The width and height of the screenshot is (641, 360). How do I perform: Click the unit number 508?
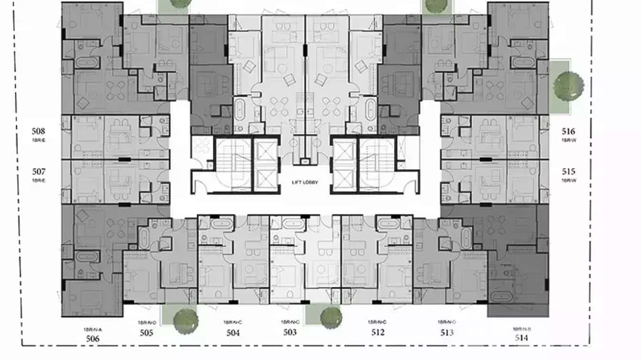point(39,131)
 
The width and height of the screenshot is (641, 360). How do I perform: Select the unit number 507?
point(39,171)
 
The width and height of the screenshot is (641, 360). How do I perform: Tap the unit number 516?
point(568,131)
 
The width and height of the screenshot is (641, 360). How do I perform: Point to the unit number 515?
point(568,171)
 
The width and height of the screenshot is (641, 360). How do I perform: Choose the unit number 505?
point(147,333)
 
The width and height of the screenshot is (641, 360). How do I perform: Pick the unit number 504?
point(233,333)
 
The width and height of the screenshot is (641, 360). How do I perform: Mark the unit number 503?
point(290,332)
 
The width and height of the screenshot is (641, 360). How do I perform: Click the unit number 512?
point(377,332)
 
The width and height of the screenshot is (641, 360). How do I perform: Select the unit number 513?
point(447,333)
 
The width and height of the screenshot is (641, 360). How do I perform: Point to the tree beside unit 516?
point(568,85)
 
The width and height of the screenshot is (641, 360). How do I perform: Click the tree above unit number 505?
point(185,319)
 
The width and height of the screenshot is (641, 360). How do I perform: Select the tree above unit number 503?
point(331,317)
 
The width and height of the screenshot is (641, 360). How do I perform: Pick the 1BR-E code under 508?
point(39,140)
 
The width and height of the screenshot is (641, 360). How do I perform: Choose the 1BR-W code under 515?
point(568,180)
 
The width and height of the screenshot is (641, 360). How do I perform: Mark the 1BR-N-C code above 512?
point(377,322)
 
